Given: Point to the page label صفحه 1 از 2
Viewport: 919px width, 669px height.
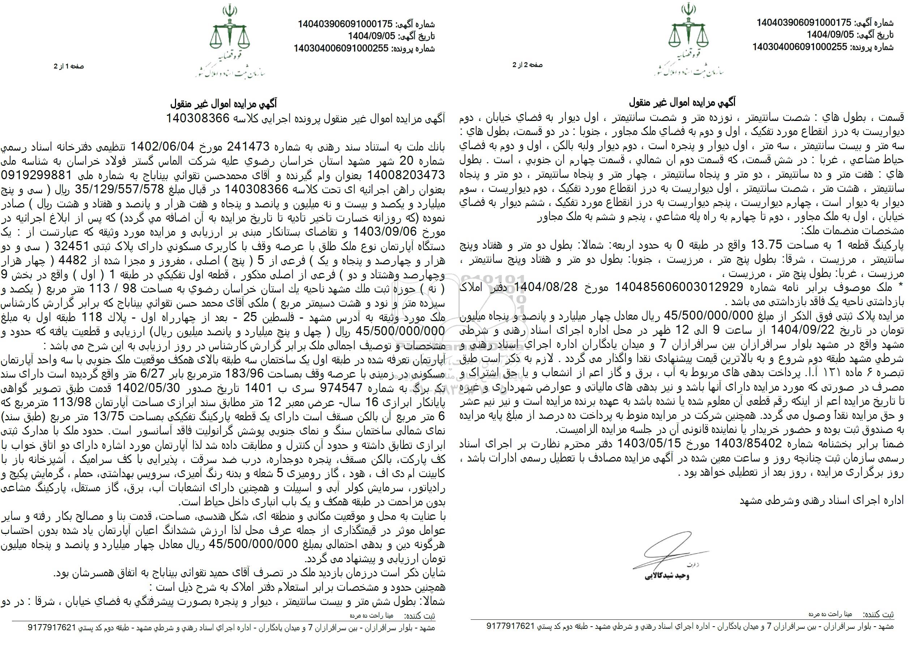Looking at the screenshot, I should (69, 66).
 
